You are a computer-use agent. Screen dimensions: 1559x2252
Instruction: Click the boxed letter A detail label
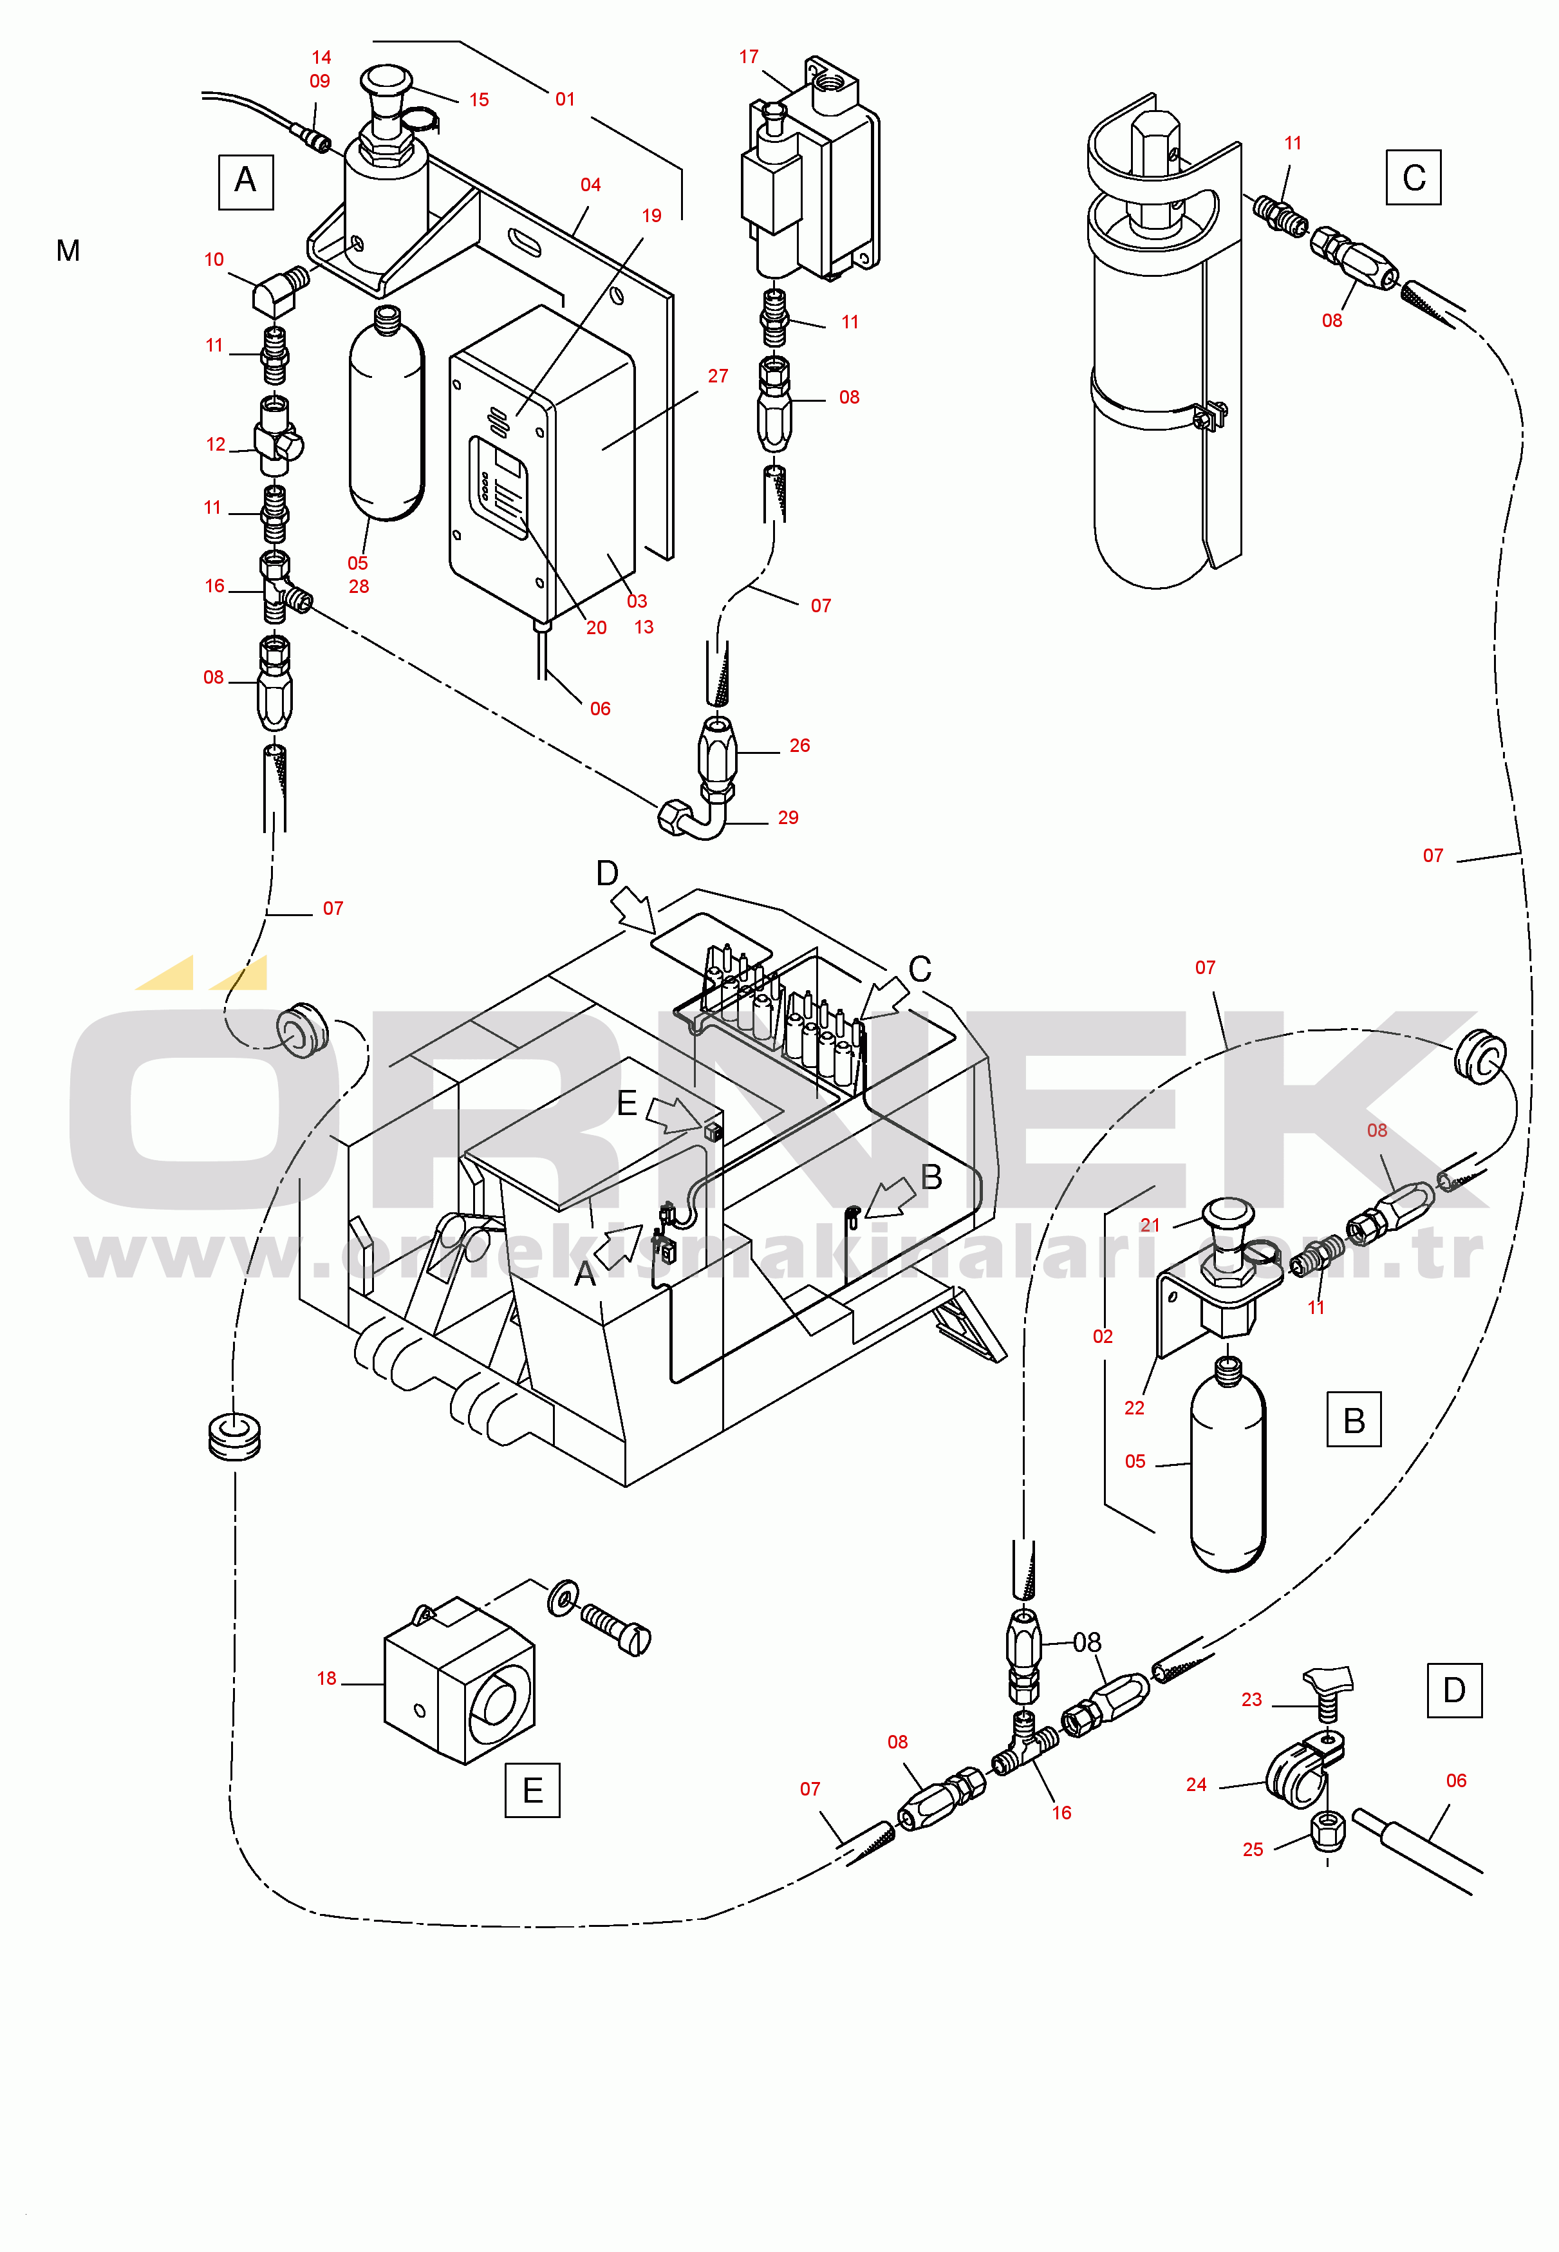pyautogui.click(x=245, y=181)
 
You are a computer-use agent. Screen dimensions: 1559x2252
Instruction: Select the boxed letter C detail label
pyautogui.click(x=1414, y=178)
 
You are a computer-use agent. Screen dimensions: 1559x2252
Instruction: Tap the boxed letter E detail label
pyautogui.click(x=532, y=1790)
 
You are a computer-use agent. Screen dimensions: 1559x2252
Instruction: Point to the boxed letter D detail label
pyautogui.click(x=1455, y=1690)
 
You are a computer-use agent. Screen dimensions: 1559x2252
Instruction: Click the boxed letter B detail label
pyautogui.click(x=1354, y=1420)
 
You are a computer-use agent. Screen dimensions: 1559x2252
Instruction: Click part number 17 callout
pyautogui.click(x=749, y=57)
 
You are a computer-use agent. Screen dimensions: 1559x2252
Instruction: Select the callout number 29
pyautogui.click(x=789, y=817)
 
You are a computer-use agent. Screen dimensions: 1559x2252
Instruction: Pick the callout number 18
pyautogui.click(x=326, y=1678)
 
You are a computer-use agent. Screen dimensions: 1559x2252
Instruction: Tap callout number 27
pyautogui.click(x=718, y=375)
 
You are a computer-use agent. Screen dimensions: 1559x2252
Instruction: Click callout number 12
pyautogui.click(x=216, y=444)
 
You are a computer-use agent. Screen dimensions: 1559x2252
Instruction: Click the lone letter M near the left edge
pyautogui.click(x=68, y=251)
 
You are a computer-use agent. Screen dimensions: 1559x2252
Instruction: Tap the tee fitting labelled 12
pyautogui.click(x=278, y=436)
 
